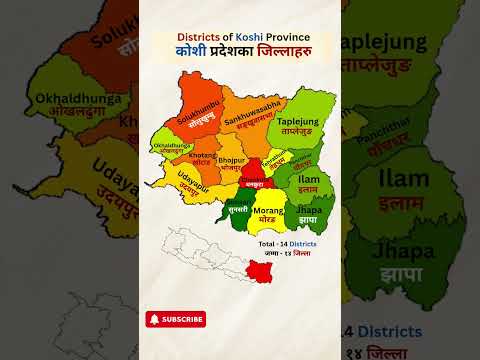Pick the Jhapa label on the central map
(x=309, y=213)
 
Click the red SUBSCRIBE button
(x=176, y=319)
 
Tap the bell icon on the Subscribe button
(x=155, y=319)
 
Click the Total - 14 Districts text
(x=287, y=244)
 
